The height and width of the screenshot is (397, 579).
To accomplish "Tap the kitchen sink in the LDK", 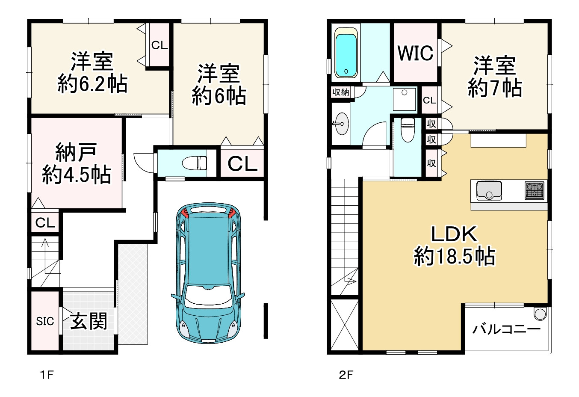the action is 489,191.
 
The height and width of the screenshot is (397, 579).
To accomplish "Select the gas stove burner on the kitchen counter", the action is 534,190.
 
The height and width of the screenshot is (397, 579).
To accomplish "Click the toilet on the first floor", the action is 195,163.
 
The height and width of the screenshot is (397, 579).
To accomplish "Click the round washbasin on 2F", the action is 341,124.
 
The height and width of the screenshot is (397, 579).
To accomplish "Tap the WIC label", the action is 415,53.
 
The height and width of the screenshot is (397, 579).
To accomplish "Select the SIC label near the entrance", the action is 45,321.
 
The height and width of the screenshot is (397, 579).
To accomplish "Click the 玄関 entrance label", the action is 89,321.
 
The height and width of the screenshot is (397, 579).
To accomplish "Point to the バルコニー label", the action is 506,329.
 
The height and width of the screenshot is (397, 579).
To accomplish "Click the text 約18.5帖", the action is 455,257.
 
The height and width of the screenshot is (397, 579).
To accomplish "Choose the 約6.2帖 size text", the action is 92,84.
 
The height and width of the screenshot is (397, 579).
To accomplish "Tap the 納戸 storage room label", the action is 76,152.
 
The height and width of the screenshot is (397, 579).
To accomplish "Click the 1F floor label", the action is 47,375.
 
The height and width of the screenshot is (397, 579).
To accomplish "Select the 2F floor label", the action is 346,375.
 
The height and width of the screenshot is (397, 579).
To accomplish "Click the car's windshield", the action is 208,296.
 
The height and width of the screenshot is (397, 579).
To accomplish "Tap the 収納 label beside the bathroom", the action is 341,92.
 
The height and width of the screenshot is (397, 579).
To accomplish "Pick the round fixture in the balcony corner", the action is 541,314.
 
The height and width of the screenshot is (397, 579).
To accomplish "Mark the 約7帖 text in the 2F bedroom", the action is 494,88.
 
